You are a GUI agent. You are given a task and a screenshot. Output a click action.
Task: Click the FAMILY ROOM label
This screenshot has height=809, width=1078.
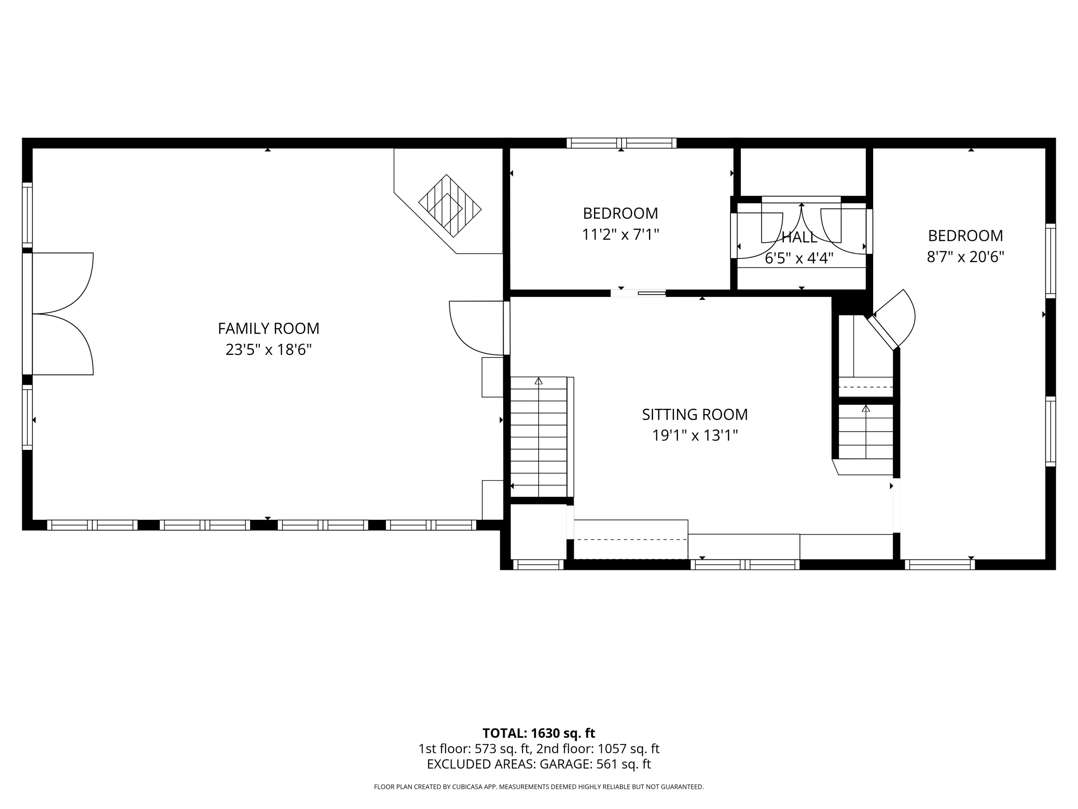coord(268,329)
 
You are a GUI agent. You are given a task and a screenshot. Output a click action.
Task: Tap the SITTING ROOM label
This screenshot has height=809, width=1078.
coord(695,415)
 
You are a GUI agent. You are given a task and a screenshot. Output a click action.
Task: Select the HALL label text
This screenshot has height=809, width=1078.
coord(799,237)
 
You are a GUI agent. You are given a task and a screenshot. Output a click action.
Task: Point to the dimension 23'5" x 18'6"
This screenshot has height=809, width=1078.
coord(268,349)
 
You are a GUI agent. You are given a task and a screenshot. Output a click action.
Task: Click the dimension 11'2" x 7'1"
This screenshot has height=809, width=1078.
coord(620,234)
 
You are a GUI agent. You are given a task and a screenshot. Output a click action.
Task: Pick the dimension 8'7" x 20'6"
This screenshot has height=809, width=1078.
coord(966,256)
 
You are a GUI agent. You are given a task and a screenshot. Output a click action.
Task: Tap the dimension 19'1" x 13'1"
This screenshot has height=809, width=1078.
coord(695,435)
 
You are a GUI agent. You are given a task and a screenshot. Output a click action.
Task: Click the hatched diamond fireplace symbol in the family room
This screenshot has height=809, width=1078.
coord(450,206)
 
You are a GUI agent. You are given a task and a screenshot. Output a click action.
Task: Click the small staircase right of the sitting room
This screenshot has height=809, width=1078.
coord(866,431)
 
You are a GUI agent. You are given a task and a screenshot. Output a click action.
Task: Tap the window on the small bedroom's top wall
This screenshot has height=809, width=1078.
coord(621,143)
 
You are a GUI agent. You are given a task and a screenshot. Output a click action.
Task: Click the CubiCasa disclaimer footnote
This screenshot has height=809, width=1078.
coord(539,787)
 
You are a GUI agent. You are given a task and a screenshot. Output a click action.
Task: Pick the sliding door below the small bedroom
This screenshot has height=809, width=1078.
coord(639,293)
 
